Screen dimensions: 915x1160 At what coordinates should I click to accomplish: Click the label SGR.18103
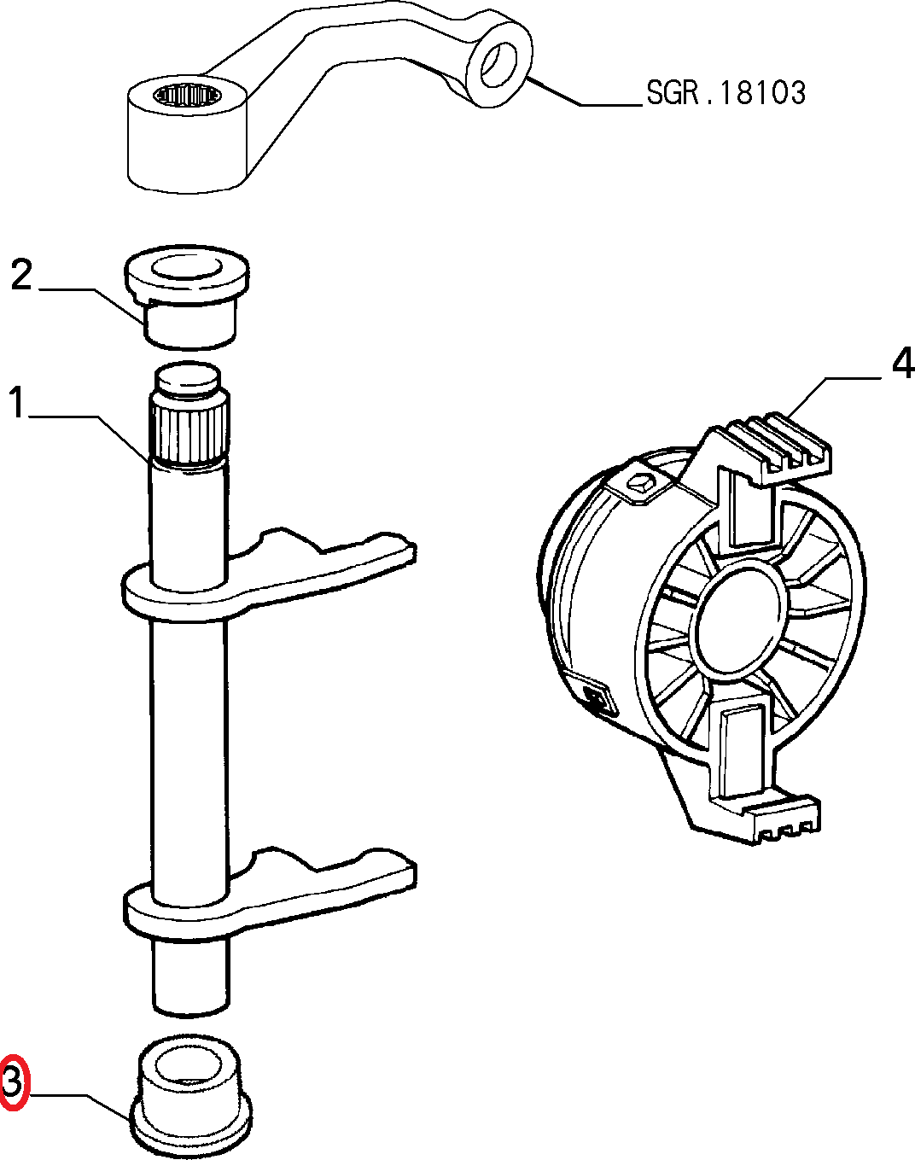coord(726,93)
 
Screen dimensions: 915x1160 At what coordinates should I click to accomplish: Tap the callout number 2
coord(21,276)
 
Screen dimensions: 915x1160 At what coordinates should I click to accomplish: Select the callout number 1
coord(17,402)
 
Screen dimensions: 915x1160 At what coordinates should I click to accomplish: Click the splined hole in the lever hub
coord(187,96)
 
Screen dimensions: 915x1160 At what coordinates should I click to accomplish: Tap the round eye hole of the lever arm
coord(499,65)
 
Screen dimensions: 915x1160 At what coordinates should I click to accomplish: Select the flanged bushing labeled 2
coord(186,295)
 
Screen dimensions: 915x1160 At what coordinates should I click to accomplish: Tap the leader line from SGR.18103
coord(585,93)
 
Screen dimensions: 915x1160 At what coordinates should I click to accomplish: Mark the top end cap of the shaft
coord(187,380)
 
